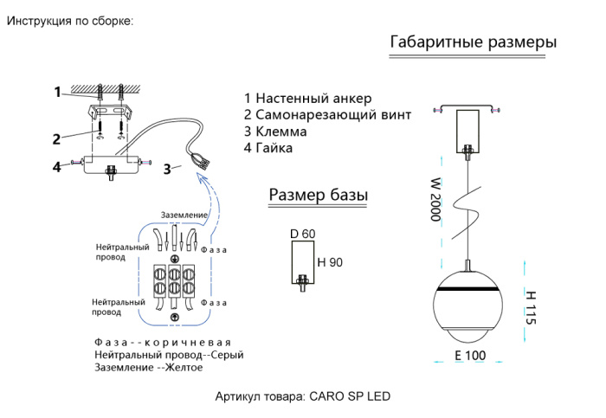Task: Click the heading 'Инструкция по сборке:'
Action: [70, 21]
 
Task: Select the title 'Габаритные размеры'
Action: [474, 42]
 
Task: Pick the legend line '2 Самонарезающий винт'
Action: [327, 114]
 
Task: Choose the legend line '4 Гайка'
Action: [268, 148]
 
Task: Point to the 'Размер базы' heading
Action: [318, 196]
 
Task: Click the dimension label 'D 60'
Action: [303, 234]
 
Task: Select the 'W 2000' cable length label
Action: [435, 200]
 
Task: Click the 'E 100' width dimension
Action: [470, 356]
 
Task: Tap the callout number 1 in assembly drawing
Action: [57, 92]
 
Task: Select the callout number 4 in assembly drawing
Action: [56, 166]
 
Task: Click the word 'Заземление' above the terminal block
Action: [184, 215]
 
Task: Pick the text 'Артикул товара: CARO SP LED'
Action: [302, 397]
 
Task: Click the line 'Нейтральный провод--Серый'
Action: [169, 355]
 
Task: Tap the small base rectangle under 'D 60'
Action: [302, 262]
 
